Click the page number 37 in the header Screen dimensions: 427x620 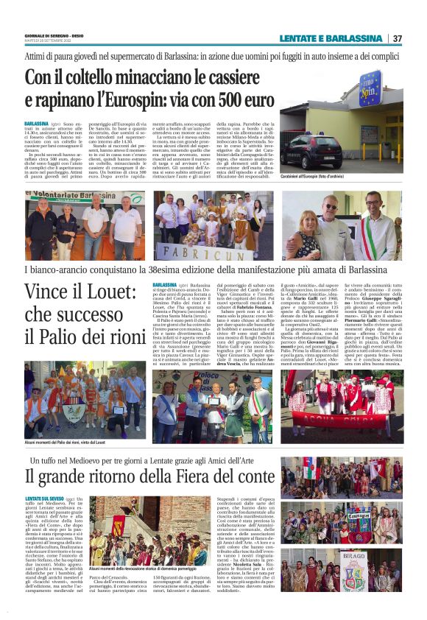398,38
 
